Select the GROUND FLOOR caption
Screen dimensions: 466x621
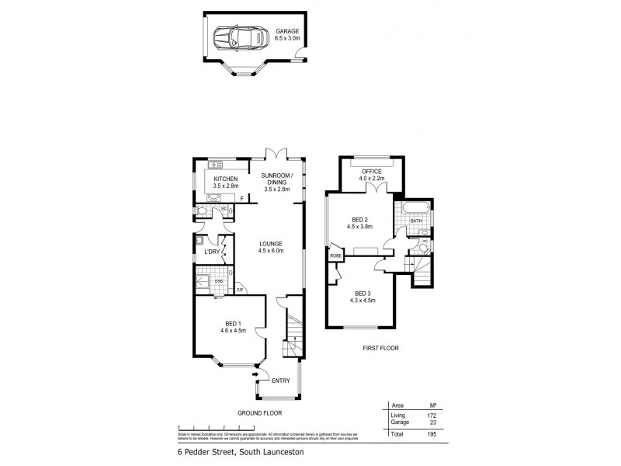click(260, 413)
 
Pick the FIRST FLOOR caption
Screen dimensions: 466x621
click(380, 348)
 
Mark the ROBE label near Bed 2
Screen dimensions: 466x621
click(336, 255)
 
